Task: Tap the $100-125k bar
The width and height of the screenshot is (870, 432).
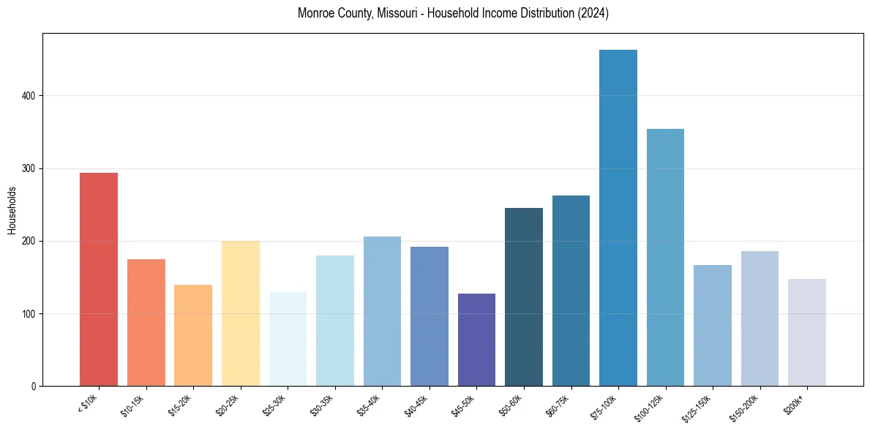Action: point(665,257)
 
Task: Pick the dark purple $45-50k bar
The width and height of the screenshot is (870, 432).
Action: point(476,340)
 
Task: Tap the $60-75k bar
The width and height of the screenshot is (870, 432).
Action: point(571,291)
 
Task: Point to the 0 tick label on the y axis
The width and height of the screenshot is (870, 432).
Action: point(34,387)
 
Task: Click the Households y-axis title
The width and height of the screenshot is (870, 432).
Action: point(12,210)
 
